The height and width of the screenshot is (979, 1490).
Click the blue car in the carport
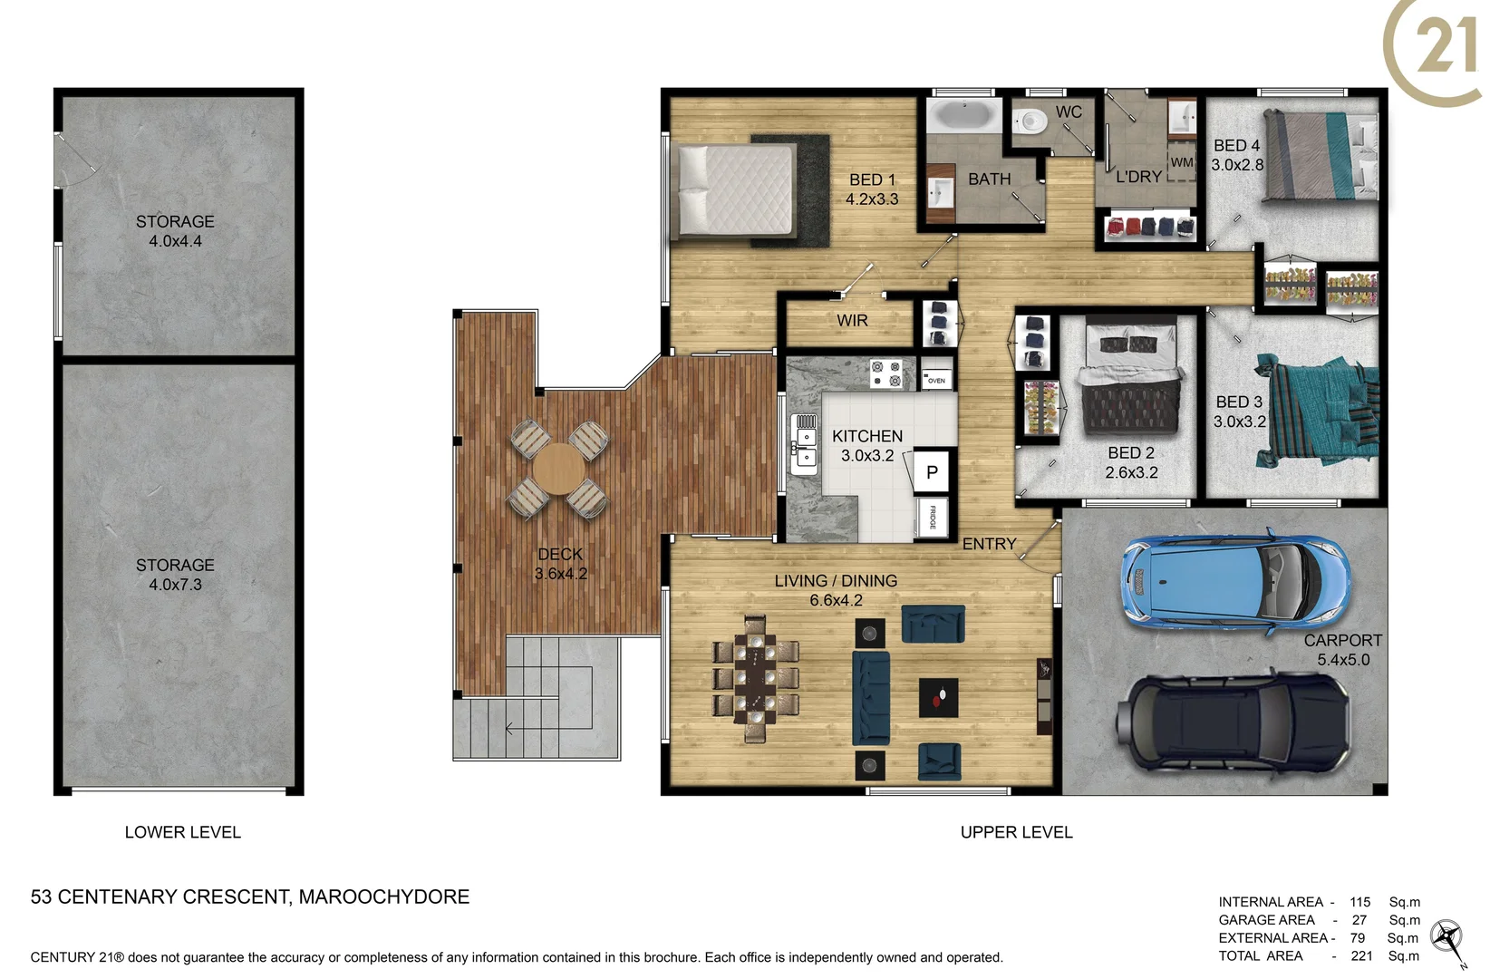click(x=1234, y=582)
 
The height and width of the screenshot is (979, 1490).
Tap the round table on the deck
click(x=559, y=469)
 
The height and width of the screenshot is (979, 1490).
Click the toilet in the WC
click(x=1028, y=121)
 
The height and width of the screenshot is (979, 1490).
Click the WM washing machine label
click(x=1182, y=162)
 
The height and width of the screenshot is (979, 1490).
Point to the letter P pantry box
click(x=932, y=471)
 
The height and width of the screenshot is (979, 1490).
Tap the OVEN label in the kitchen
click(x=936, y=381)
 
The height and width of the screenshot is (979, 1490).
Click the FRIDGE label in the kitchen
click(x=933, y=519)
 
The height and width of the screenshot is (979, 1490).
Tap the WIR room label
click(x=852, y=321)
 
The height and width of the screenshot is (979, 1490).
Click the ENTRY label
click(x=989, y=544)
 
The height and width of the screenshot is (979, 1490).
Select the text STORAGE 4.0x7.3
click(x=175, y=575)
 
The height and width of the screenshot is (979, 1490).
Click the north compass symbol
click(x=1447, y=938)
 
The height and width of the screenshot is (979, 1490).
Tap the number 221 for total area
click(x=1361, y=955)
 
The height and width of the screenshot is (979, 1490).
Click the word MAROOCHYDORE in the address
click(x=384, y=897)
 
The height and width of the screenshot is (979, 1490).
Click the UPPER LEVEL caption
click(x=1016, y=832)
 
